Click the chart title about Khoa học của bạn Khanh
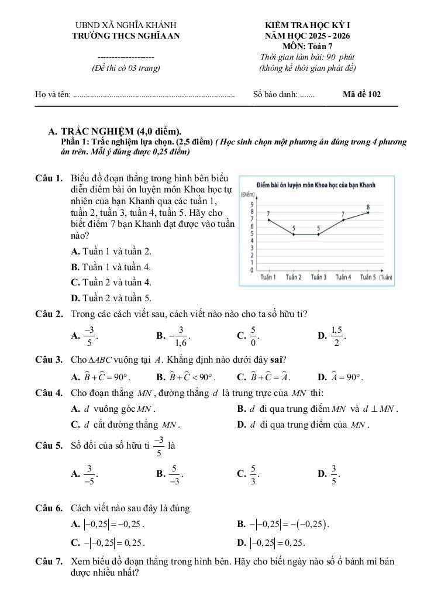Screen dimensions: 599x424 316,185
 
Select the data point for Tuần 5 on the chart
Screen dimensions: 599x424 368,212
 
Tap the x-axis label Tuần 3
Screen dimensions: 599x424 319,277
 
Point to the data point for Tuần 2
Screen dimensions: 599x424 294,235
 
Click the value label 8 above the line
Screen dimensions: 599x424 368,206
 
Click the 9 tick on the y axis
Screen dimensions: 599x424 251,203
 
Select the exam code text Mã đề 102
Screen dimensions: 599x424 362,94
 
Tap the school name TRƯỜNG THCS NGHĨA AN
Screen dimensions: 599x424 126,36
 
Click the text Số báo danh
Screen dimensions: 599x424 275,94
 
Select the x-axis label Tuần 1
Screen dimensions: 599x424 268,277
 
